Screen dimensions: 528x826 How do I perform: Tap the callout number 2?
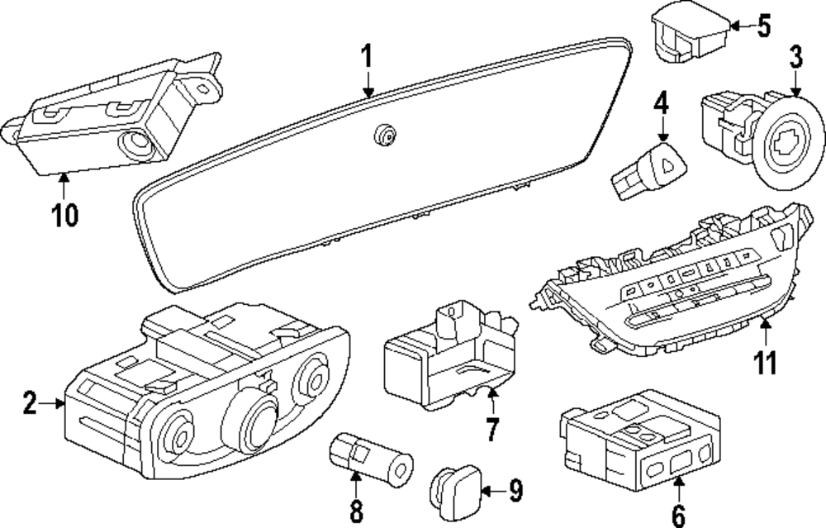tap(30, 404)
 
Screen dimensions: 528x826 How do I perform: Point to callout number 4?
tap(661, 104)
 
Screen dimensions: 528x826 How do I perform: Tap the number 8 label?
tap(356, 511)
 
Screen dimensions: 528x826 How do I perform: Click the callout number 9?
tap(515, 492)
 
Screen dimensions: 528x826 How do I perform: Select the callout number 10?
tap(64, 215)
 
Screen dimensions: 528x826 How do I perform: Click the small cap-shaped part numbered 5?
tap(691, 34)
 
